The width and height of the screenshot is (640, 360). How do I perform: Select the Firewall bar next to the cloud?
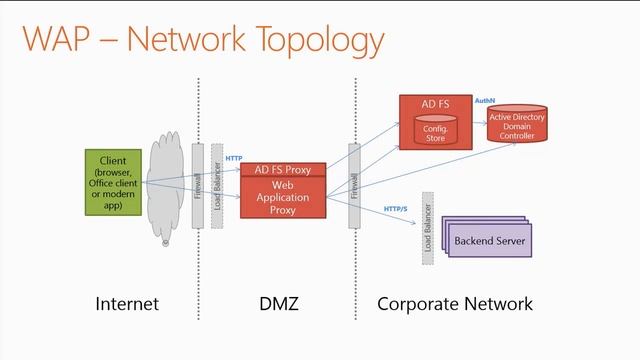pos(197,186)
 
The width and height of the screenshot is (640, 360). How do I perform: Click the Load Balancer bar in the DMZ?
pos(217,186)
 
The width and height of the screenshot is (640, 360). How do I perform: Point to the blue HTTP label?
pos(234,159)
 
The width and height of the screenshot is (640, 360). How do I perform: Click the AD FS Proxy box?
pos(282,170)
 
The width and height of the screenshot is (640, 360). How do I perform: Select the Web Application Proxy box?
pos(282,198)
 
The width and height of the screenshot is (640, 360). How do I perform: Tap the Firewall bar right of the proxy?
pos(354,186)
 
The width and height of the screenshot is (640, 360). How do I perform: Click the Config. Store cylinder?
pos(436,132)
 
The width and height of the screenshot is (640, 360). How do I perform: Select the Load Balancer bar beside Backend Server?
pos(427,239)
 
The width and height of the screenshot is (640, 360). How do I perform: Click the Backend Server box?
pos(489,241)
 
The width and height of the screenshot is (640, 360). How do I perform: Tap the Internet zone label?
pos(127,303)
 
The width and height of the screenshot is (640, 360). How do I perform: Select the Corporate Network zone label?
pos(455,303)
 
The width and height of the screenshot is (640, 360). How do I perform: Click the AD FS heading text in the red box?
pos(436,105)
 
